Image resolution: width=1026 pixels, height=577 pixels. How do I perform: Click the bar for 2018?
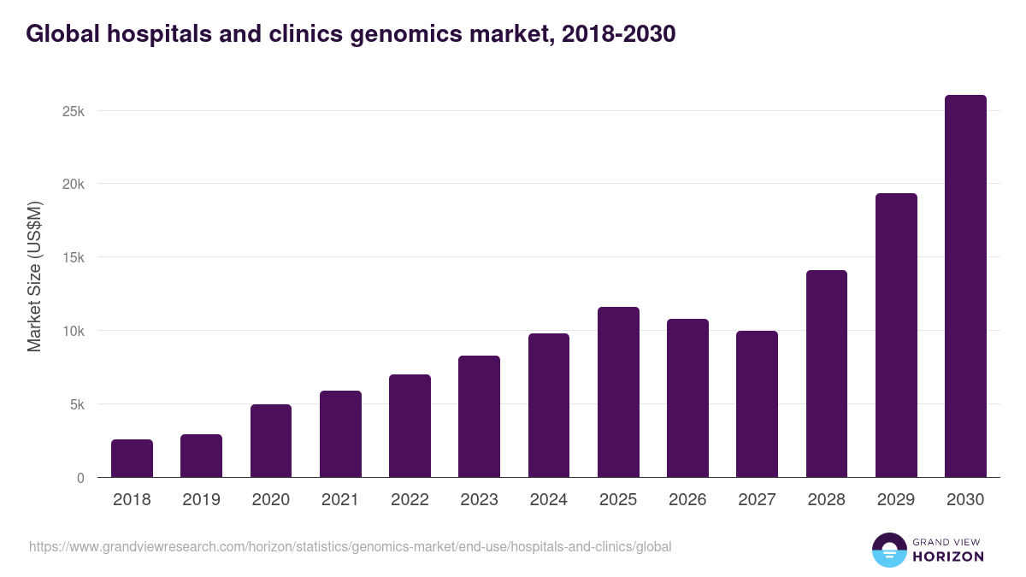tap(132, 459)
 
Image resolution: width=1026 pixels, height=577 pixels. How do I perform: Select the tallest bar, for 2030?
tap(965, 286)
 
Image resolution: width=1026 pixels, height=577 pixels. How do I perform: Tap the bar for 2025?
tap(618, 392)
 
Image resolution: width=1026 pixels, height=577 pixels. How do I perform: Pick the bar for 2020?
tap(271, 441)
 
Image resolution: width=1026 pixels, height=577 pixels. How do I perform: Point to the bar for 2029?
tap(896, 335)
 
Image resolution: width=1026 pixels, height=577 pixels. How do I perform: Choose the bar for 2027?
tap(757, 404)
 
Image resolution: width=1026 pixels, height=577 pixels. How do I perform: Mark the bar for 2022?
tap(410, 426)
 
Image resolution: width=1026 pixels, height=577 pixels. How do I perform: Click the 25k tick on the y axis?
tap(73, 111)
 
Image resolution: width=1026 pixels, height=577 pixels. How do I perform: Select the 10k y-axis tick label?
tap(73, 331)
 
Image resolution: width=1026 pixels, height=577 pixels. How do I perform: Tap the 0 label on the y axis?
tap(80, 478)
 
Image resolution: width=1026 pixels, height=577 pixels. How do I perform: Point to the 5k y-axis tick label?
tap(76, 404)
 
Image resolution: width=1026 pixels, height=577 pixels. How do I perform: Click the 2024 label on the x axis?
tap(548, 500)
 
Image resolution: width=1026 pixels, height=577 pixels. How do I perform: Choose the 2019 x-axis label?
tap(201, 500)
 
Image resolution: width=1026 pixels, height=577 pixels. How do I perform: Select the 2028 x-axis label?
tap(826, 500)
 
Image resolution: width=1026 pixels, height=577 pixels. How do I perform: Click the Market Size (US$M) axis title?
tap(34, 277)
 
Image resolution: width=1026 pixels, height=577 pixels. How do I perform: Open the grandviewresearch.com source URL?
tap(350, 546)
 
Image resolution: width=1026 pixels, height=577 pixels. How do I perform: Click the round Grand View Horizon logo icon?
tap(888, 550)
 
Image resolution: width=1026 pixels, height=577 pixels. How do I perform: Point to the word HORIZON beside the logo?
tap(949, 556)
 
